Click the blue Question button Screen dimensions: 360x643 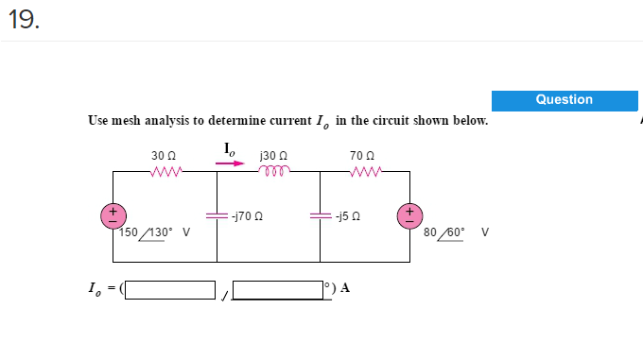(x=565, y=100)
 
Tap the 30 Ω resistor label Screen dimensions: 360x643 (x=164, y=155)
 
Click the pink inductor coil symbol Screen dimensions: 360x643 (x=272, y=171)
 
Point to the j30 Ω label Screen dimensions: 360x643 (x=273, y=155)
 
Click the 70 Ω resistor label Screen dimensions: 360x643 (x=362, y=155)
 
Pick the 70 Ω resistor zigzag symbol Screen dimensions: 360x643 (x=364, y=171)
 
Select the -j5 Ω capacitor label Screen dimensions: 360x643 (x=346, y=216)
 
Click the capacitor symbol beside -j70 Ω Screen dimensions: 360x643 (x=217, y=215)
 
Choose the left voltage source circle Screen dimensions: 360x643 (x=113, y=215)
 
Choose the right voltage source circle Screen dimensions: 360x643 (x=410, y=215)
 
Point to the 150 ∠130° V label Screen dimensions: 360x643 (x=156, y=231)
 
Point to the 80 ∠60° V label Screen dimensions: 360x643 (x=457, y=231)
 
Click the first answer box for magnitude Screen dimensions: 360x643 (x=171, y=289)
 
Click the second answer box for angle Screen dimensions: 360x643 (x=277, y=289)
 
